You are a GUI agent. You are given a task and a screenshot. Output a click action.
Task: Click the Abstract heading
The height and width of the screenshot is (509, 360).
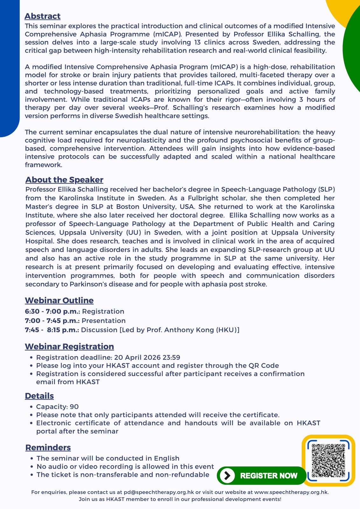pyautogui.click(x=42, y=16)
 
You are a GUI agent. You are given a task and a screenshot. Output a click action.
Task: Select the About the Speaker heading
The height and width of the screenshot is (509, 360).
pyautogui.click(x=64, y=180)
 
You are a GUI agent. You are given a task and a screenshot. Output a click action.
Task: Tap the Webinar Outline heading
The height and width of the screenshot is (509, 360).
pyautogui.click(x=59, y=300)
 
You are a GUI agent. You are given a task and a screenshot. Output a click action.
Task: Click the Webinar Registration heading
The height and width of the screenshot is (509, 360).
pyautogui.click(x=69, y=346)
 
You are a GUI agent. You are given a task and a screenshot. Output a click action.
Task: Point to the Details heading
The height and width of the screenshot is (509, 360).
pyautogui.click(x=39, y=396)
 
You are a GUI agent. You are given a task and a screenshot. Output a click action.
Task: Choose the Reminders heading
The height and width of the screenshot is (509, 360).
pyautogui.click(x=48, y=447)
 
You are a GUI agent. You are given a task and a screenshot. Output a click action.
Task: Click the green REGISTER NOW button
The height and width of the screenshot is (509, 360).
pyautogui.click(x=261, y=476)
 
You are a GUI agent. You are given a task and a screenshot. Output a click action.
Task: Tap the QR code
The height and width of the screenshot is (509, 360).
pyautogui.click(x=328, y=460)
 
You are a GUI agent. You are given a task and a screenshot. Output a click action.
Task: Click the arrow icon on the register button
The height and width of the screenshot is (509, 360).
pyautogui.click(x=227, y=476)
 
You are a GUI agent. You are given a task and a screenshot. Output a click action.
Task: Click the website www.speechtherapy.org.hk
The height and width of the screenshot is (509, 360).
pyautogui.click(x=291, y=492)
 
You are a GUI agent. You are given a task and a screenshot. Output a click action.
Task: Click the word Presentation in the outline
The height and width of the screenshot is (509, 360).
pyautogui.click(x=104, y=321)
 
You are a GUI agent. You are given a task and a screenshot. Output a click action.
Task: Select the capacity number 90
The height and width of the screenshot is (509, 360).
pyautogui.click(x=74, y=407)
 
